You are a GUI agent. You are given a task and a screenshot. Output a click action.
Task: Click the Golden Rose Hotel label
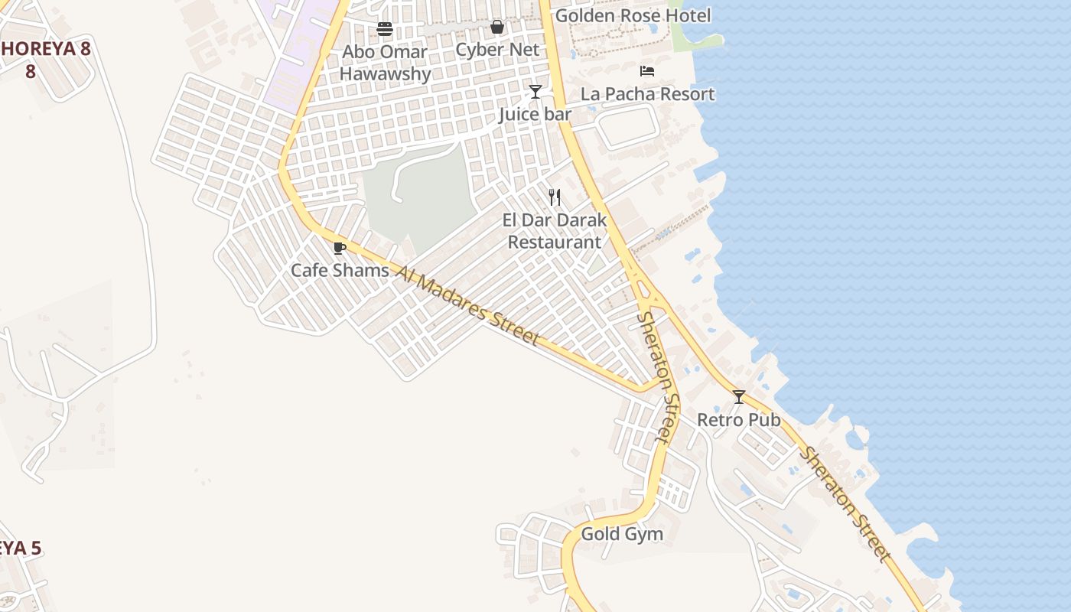coord(633,15)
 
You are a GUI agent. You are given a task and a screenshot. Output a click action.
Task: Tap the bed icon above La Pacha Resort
coord(647,71)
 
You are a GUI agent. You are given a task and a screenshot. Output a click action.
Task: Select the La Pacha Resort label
coord(647,94)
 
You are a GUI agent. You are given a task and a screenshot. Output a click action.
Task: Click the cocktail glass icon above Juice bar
coord(535,92)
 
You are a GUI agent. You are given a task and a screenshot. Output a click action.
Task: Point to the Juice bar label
coord(535,115)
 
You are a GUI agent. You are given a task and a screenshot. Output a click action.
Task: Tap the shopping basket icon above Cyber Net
coord(497,28)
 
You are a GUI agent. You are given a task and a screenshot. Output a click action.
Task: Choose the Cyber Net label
coord(497,50)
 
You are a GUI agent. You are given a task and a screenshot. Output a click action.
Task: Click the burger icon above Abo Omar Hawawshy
coord(385,29)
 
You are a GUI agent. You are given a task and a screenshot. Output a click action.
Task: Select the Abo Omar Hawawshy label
coord(385,63)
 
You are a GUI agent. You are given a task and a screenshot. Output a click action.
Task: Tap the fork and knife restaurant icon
coord(555,197)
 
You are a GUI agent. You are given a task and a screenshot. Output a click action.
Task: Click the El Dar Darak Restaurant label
coord(555,231)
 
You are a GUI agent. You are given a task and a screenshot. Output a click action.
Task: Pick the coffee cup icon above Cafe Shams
coord(340,248)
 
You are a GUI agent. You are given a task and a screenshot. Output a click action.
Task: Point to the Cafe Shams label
coord(340,270)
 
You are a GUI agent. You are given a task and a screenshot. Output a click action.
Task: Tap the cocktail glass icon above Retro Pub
coord(739,397)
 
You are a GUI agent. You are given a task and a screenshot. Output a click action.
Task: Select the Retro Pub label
coord(739,420)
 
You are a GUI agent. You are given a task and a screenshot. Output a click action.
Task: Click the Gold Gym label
coord(622,534)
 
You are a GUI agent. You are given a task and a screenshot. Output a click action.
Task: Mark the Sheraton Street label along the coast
coord(846,505)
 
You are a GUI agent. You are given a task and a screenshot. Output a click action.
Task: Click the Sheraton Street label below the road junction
coord(659,376)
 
